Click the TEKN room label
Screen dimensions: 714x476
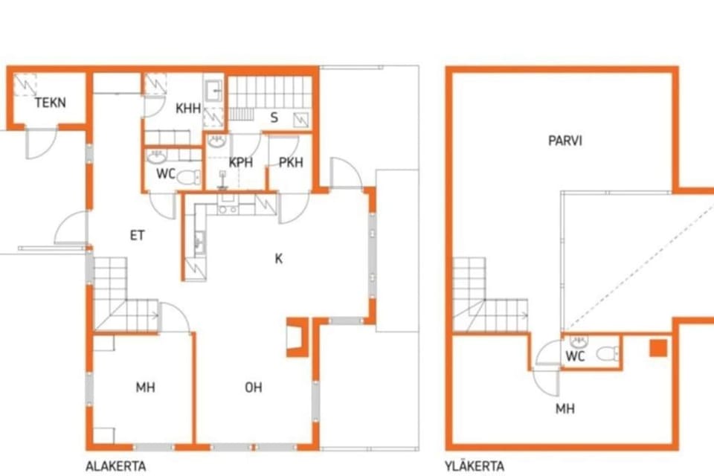pos(51,103)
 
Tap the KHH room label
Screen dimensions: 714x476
pos(188,109)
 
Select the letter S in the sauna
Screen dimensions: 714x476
pos(274,118)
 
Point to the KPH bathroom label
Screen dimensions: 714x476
pos(240,162)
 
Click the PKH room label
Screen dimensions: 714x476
pos(291,162)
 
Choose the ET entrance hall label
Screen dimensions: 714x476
pos(137,236)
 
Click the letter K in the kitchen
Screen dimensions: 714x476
pos(279,259)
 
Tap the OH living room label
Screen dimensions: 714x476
pos(254,387)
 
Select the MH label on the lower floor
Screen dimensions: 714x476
pos(145,387)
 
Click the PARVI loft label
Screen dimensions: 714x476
pos(565,141)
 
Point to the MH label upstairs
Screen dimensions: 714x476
pos(565,408)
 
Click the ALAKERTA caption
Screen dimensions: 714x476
pos(116,466)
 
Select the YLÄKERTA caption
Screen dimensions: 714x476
pos(475,466)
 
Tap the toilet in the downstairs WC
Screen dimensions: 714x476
pos(189,177)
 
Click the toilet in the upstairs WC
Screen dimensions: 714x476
pos(608,353)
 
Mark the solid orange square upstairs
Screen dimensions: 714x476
pos(658,348)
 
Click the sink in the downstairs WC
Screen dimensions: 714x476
pos(156,157)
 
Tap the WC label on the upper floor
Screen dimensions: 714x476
pos(575,356)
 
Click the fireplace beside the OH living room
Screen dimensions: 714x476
pos(298,337)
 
